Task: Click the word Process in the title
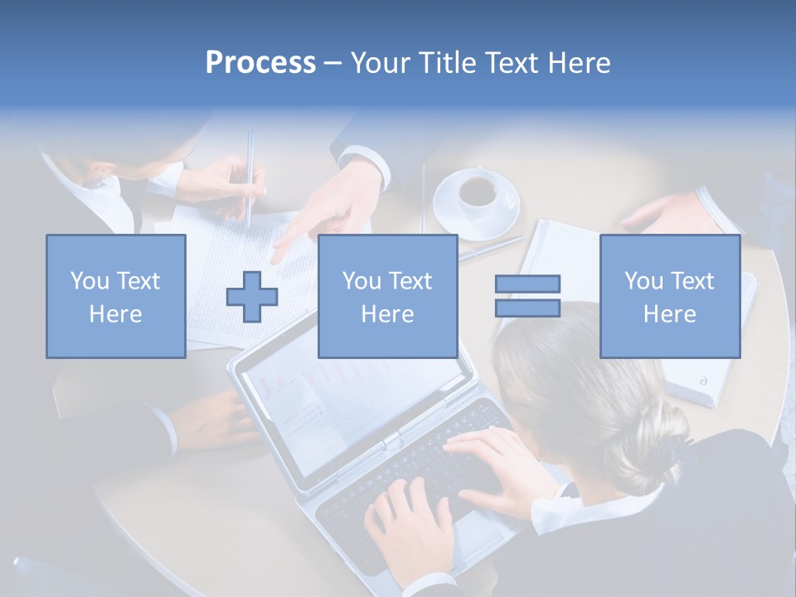click(x=260, y=63)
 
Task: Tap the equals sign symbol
click(x=527, y=296)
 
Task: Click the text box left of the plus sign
click(x=115, y=296)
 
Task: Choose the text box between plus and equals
click(x=387, y=296)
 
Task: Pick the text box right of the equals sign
click(x=669, y=296)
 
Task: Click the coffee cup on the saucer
click(x=478, y=191)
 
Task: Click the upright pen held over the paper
click(x=250, y=178)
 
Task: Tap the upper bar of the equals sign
click(x=527, y=284)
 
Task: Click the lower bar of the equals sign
click(x=527, y=308)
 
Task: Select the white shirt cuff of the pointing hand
click(x=365, y=163)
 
